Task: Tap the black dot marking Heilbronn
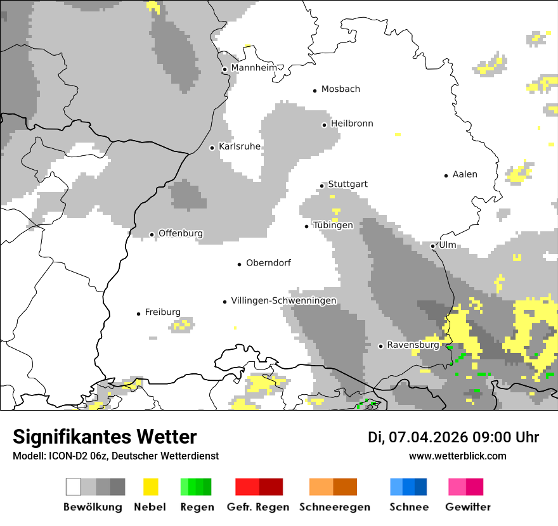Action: pyautogui.click(x=324, y=125)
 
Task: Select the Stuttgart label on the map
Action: pyautogui.click(x=347, y=184)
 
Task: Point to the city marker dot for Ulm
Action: pyautogui.click(x=432, y=246)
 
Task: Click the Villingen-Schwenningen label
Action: pyautogui.click(x=283, y=300)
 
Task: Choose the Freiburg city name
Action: pyautogui.click(x=162, y=312)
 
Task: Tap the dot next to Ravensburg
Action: pyautogui.click(x=380, y=346)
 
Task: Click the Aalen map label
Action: pyautogui.click(x=465, y=174)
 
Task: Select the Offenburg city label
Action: pyautogui.click(x=181, y=233)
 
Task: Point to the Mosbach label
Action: pyautogui.click(x=341, y=89)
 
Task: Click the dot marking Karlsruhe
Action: pyautogui.click(x=212, y=148)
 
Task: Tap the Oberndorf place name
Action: pyautogui.click(x=268, y=263)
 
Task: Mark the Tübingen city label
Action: pyautogui.click(x=333, y=226)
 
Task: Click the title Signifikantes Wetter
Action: pyautogui.click(x=105, y=437)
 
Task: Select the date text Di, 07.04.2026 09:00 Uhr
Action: pyautogui.click(x=453, y=437)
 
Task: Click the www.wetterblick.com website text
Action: pyautogui.click(x=458, y=456)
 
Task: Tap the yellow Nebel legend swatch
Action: pyautogui.click(x=150, y=487)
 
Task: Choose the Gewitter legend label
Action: pyautogui.click(x=468, y=507)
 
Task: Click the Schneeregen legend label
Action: pyautogui.click(x=334, y=507)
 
